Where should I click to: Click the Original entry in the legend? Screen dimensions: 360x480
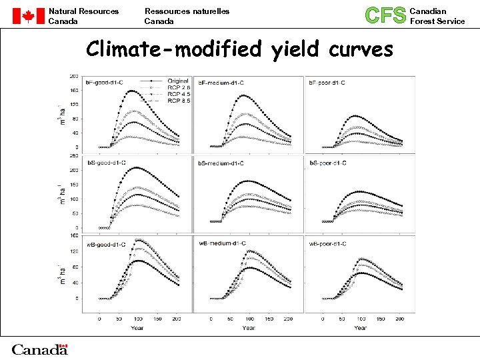[178, 81]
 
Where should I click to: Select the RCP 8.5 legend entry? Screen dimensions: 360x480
[178, 101]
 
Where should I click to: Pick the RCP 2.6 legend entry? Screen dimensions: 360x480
[178, 87]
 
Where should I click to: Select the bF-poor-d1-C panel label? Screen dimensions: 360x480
[327, 82]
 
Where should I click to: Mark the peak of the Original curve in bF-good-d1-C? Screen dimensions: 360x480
[131, 91]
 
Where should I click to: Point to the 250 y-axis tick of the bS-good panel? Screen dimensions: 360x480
[75, 155]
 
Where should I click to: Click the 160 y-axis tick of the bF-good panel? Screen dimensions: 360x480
[75, 90]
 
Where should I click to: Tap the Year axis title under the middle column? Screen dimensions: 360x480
[248, 327]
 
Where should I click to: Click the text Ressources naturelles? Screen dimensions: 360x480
[187, 11]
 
